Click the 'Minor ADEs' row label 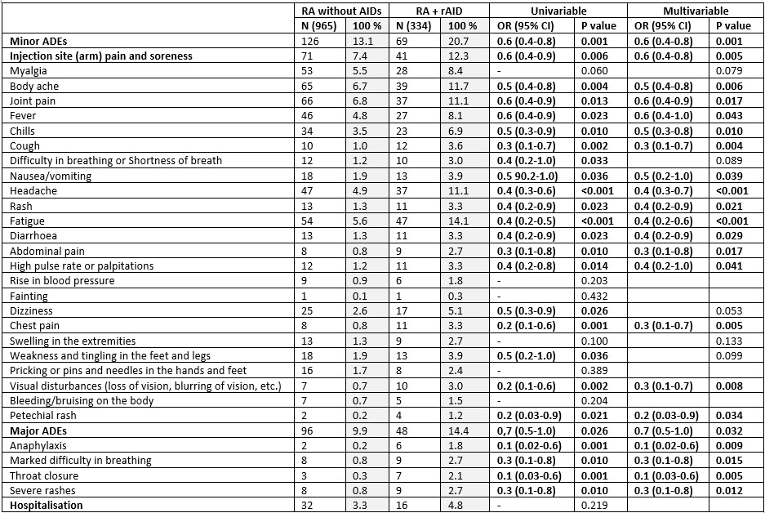coord(38,41)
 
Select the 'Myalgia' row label coord(29,71)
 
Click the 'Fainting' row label coord(29,296)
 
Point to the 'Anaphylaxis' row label coord(38,445)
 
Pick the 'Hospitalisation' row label coord(47,506)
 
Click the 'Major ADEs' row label coord(38,430)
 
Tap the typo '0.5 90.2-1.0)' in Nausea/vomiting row coord(531,176)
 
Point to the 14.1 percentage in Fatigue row coord(456,221)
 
